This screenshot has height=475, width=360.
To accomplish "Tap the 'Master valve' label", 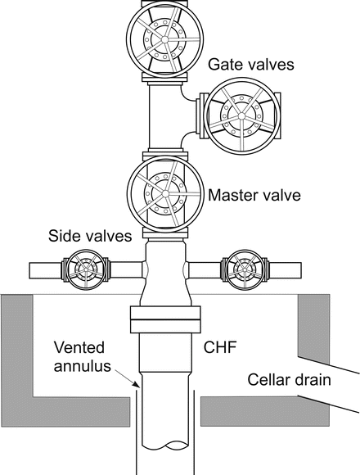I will coord(254,197).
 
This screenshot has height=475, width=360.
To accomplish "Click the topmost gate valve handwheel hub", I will coord(160,37).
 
